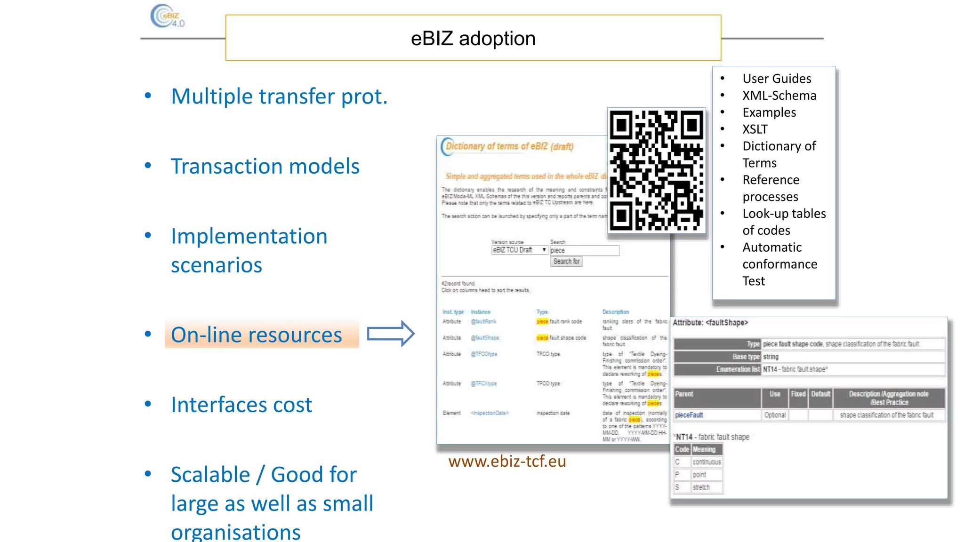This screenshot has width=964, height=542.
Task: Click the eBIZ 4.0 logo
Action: point(168,16)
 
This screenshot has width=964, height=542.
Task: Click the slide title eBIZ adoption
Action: point(473,39)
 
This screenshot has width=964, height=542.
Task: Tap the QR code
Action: point(657,170)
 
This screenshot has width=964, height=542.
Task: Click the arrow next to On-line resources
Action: point(390,334)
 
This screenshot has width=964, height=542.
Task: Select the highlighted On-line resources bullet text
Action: point(257,335)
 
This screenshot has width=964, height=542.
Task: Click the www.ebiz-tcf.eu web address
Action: point(507,461)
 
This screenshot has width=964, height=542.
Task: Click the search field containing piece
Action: point(584,250)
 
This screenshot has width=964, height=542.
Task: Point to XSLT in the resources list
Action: point(755,129)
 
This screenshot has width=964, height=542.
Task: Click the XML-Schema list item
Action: point(779,96)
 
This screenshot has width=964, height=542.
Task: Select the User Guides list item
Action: point(777,79)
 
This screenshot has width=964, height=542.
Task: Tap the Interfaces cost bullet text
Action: point(241,405)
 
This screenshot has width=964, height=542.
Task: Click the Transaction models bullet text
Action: point(265,167)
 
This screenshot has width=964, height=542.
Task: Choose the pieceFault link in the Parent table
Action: point(689,415)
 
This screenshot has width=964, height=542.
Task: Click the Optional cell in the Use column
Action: point(775,415)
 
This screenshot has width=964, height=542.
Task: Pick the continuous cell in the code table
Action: point(707,462)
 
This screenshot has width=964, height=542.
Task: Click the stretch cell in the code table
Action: point(701,487)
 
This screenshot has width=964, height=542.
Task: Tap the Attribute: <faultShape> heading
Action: point(710,323)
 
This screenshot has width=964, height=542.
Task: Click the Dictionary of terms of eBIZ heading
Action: point(510,146)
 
